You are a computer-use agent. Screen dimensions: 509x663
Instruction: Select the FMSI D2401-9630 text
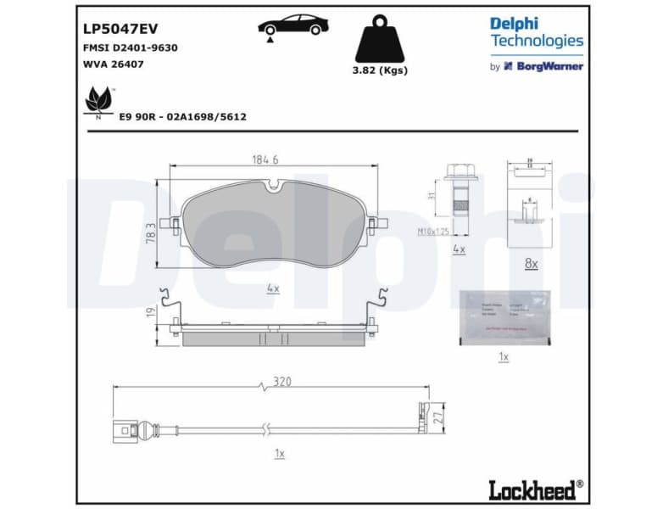click(130, 48)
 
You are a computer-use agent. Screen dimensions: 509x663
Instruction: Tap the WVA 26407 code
click(113, 65)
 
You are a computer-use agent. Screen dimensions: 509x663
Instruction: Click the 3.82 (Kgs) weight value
click(380, 70)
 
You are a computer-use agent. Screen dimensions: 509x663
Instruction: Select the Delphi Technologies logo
click(536, 32)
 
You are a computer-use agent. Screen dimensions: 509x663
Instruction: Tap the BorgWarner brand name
click(549, 66)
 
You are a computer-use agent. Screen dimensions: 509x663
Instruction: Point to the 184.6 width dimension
click(265, 159)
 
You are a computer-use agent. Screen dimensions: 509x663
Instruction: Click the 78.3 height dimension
click(151, 231)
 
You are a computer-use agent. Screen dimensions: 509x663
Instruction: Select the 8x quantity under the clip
click(531, 264)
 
